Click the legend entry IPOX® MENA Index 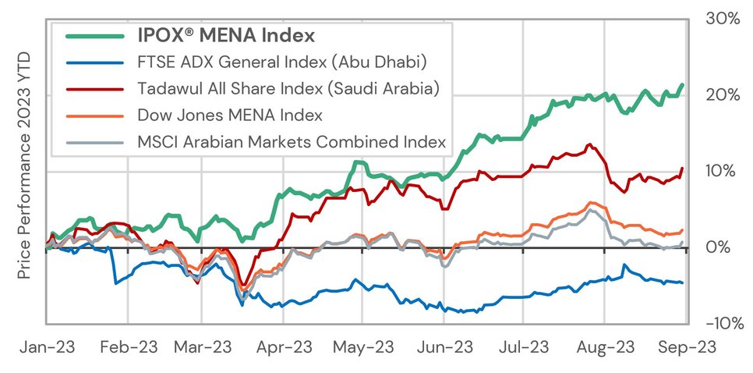226,35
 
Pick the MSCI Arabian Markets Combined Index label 292,142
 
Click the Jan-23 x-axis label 47,346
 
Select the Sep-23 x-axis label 684,346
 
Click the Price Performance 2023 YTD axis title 23,166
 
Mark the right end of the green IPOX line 684,84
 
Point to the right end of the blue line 684,282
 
